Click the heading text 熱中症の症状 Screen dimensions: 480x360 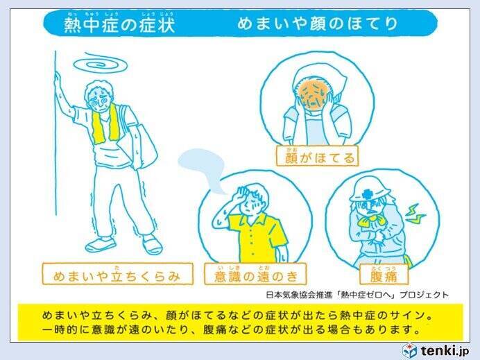[x=119, y=24]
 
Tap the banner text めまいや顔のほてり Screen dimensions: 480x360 [x=318, y=24]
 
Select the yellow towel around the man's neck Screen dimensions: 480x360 [x=105, y=124]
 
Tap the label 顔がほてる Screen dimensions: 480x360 [x=317, y=157]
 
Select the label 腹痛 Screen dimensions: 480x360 [x=384, y=275]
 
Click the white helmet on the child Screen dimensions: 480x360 [x=369, y=190]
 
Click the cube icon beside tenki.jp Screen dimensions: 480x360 [x=409, y=350]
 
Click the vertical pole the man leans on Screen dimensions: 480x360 [x=55, y=132]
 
